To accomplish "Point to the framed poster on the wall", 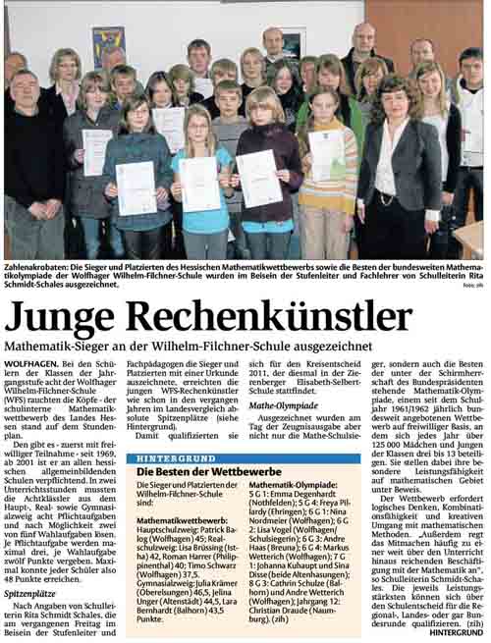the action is click(x=108, y=45).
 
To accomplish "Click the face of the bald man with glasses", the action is click(x=363, y=39).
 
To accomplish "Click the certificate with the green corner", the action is click(x=327, y=155).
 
